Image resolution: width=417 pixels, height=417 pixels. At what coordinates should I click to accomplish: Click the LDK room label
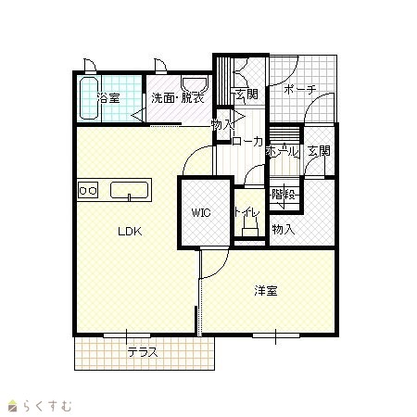[x=130, y=232]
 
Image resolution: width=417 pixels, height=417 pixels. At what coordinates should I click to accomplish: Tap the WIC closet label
[x=201, y=212]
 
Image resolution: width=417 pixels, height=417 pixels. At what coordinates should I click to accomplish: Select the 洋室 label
[x=266, y=291]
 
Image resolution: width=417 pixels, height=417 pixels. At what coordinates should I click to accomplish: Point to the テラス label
[x=143, y=352]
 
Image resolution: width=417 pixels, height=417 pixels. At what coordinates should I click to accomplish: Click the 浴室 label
[x=108, y=98]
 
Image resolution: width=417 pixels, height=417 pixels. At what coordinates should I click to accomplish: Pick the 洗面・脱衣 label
[x=178, y=98]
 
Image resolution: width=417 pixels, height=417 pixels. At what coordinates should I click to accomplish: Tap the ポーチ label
[x=299, y=90]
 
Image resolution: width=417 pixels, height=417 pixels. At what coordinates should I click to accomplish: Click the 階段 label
[x=284, y=195]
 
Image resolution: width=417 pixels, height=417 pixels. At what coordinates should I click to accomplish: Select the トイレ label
[x=246, y=212]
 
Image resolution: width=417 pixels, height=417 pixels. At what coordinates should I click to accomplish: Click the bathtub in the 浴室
[x=89, y=98]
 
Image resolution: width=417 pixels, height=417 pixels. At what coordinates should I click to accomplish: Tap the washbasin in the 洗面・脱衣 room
[x=195, y=85]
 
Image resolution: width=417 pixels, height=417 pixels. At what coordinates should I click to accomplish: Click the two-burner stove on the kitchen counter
[x=88, y=190]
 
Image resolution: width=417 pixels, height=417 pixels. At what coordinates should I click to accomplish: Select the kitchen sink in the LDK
[x=130, y=190]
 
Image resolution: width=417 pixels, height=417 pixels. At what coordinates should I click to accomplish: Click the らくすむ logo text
[x=47, y=406]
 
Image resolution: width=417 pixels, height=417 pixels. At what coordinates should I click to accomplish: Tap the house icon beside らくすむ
[x=12, y=406]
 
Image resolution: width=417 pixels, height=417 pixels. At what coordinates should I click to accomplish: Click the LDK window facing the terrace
[x=127, y=335]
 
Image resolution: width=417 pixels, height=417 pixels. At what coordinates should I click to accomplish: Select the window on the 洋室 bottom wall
[x=276, y=335]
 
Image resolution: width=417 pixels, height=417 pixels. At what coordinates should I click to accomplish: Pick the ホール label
[x=283, y=151]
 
